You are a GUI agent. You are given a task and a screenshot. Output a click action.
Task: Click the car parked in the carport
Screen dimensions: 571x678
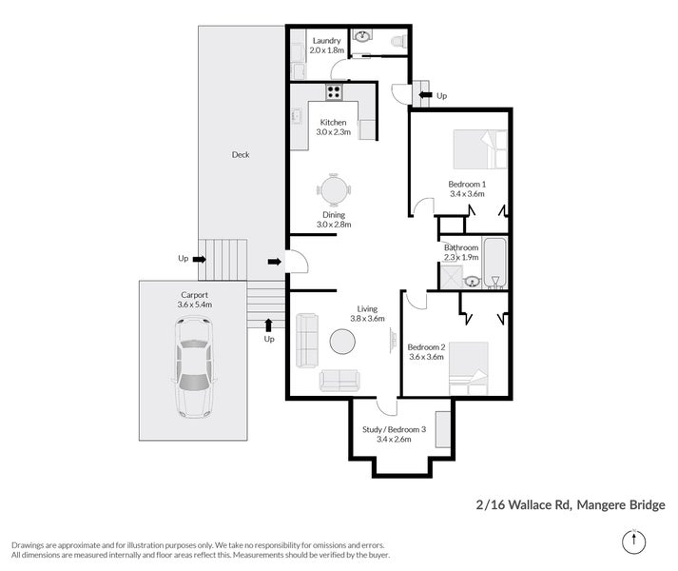tap(195, 366)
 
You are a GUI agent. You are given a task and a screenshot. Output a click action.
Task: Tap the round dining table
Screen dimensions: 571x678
tap(334, 190)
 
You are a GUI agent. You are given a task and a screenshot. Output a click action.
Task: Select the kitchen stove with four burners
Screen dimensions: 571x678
tap(335, 92)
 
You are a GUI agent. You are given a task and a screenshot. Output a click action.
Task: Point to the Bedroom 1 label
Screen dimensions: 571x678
tap(467, 184)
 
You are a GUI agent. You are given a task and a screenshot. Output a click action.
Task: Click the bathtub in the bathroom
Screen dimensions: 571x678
tap(495, 263)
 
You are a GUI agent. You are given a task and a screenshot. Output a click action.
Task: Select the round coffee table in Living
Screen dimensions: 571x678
tap(342, 341)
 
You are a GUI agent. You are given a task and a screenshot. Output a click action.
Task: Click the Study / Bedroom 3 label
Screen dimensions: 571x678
tap(394, 429)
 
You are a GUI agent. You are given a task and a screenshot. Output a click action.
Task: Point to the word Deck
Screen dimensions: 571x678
tap(241, 154)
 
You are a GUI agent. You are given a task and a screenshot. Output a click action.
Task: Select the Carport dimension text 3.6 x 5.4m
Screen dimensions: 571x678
tap(194, 305)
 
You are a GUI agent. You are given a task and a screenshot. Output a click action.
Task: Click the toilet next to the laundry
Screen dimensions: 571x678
tap(398, 41)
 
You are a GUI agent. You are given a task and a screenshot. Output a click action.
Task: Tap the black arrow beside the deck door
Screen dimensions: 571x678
tap(275, 261)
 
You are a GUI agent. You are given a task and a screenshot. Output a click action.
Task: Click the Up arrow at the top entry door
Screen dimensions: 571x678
tap(423, 95)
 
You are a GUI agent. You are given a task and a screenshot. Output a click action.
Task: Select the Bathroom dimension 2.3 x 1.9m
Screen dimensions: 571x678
tap(462, 257)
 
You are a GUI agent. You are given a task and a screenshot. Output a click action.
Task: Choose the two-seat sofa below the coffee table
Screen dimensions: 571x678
tap(339, 381)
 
